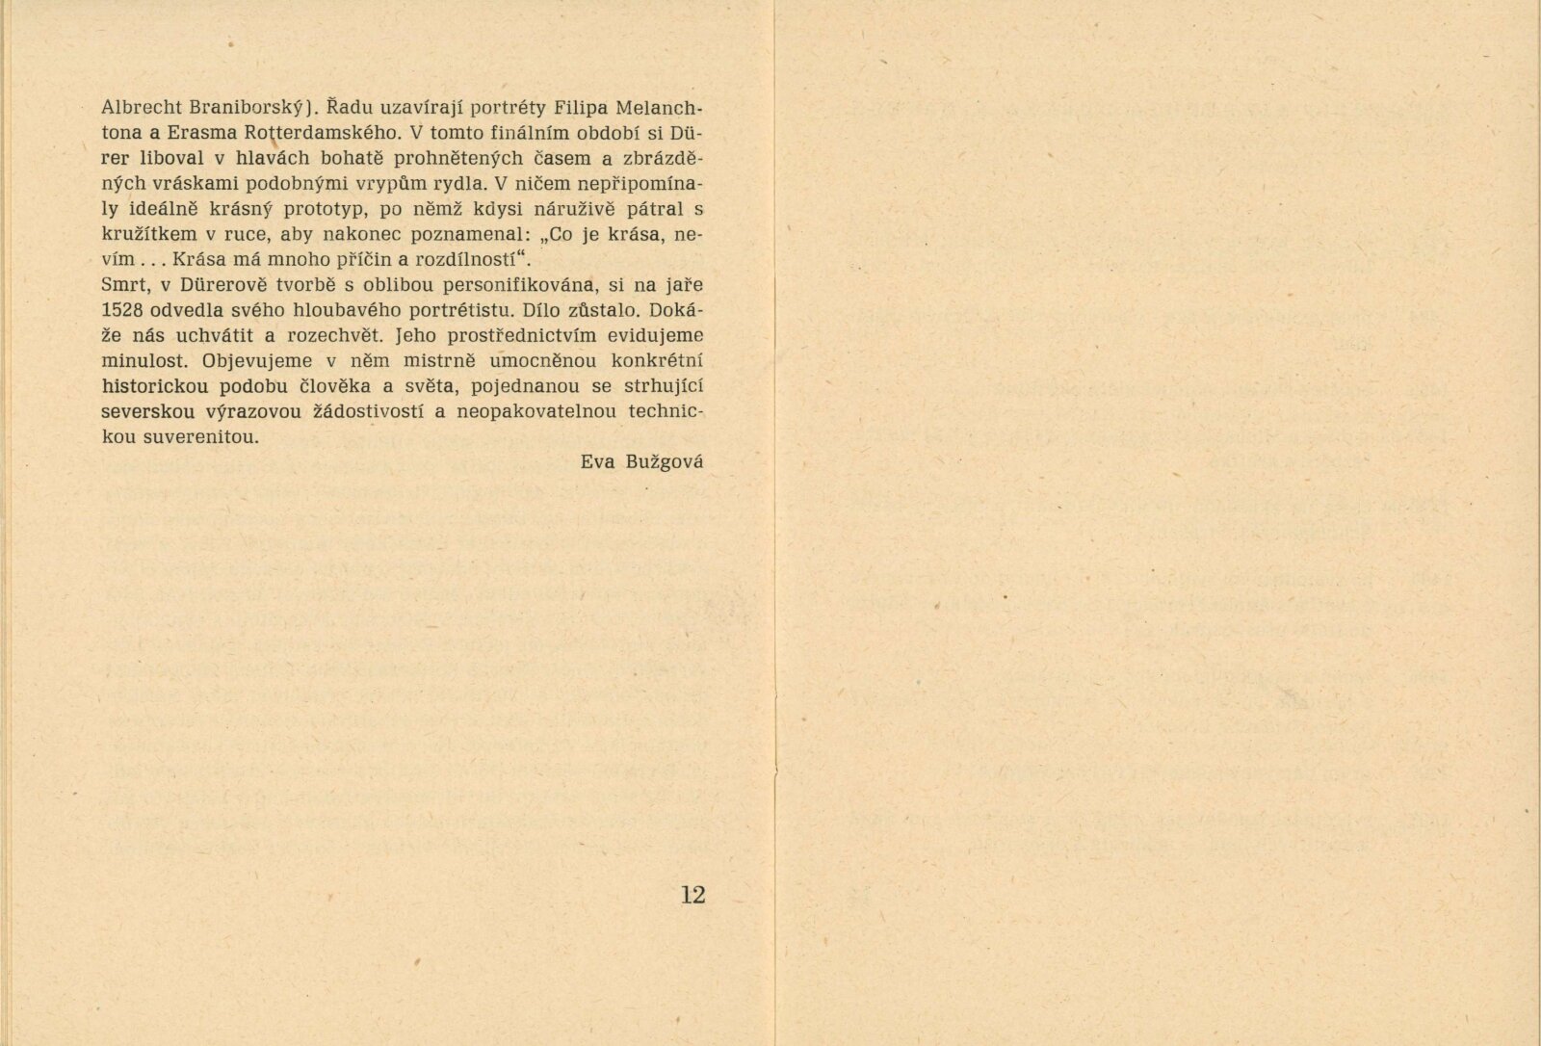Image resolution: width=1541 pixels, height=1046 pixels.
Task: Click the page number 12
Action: pos(692,895)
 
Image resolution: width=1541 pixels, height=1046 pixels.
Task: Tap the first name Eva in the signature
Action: pos(597,461)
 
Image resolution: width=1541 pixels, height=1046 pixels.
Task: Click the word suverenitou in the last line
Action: pos(180,436)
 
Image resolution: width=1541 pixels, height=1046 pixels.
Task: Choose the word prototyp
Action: pos(325,209)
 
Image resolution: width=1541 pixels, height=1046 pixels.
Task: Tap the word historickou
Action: pos(155,386)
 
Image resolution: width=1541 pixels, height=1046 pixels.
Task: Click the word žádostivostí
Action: pos(355,411)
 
